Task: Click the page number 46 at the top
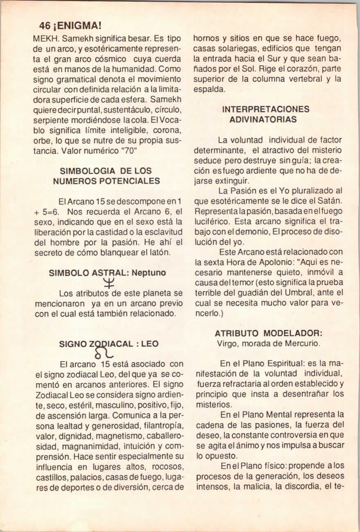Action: [45, 26]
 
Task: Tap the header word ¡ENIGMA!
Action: [76, 26]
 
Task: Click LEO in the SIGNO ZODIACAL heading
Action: [149, 343]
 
